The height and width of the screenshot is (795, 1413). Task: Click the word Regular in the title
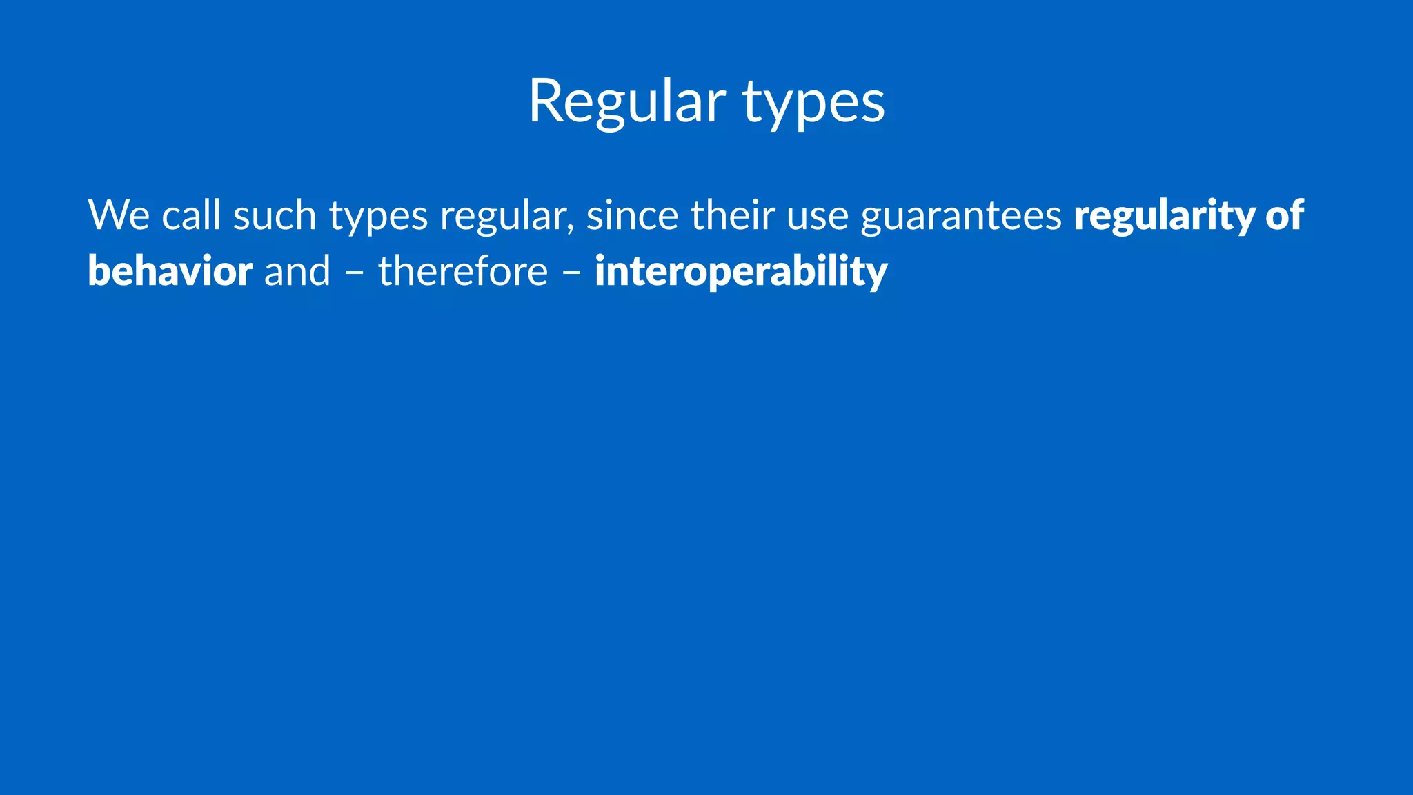coord(626,102)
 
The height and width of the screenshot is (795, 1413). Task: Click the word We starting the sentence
coord(119,215)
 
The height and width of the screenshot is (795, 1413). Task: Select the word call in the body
coord(191,215)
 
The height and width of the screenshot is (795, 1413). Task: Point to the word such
coord(275,215)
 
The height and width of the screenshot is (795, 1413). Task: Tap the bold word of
coord(1284,215)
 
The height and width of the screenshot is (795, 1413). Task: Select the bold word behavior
coord(170,271)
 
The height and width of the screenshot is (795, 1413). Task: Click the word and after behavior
coord(297,271)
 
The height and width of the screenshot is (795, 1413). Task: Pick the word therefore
coord(462,271)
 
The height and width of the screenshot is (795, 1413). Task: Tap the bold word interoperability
coord(741,273)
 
